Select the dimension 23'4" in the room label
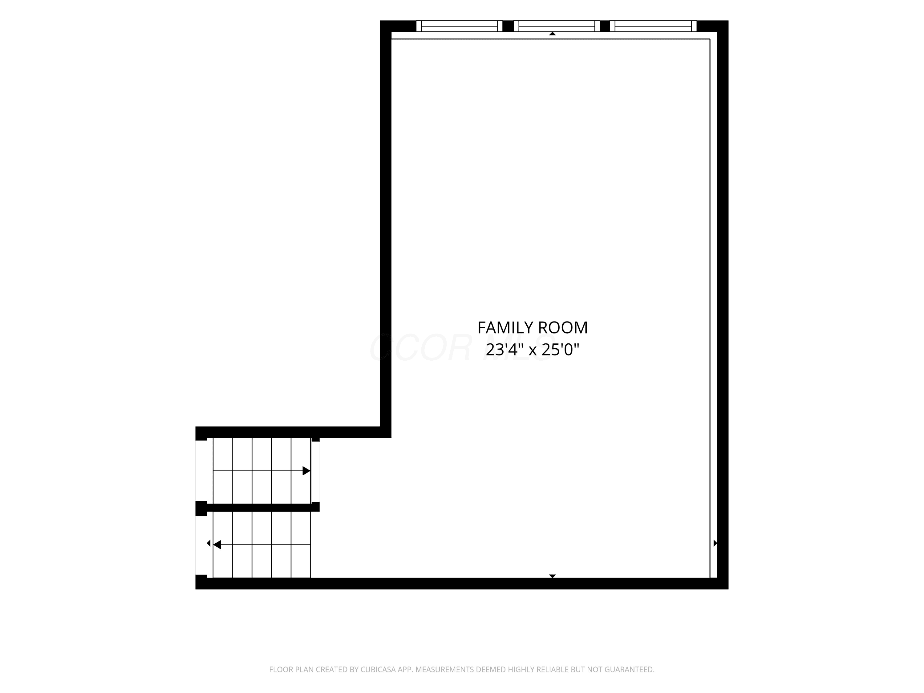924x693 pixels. (x=505, y=349)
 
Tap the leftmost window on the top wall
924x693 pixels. (x=459, y=26)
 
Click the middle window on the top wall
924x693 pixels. (x=557, y=26)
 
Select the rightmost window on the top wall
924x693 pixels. (x=653, y=26)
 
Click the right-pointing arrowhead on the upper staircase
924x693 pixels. (x=306, y=471)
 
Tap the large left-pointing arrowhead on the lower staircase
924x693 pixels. (x=217, y=545)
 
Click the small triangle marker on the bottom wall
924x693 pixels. (x=552, y=576)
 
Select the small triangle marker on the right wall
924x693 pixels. (x=715, y=543)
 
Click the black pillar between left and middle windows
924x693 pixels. (x=508, y=26)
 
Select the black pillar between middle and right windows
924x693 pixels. (x=605, y=26)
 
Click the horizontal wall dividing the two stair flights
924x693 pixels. (x=258, y=507)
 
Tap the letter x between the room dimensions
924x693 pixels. (x=533, y=351)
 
